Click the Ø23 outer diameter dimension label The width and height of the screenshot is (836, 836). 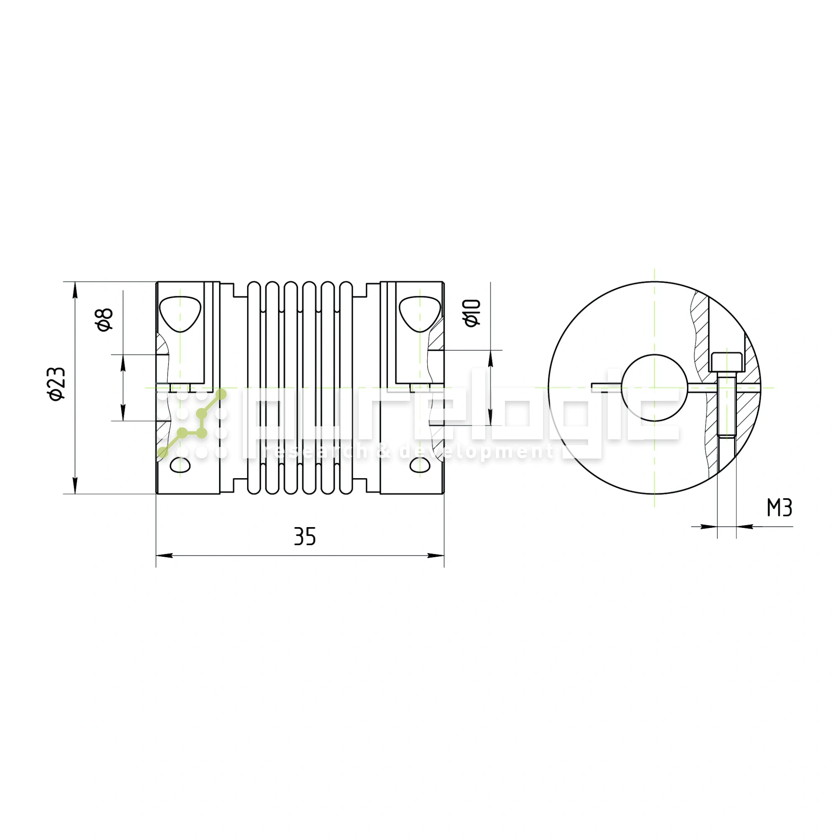point(58,384)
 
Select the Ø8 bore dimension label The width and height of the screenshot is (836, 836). point(105,320)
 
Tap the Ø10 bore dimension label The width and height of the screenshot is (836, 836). point(472,313)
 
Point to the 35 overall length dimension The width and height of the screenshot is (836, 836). point(305,537)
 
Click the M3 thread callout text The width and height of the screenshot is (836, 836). point(779,508)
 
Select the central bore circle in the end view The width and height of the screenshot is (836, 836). point(654,388)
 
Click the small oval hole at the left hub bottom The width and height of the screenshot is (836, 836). point(180,465)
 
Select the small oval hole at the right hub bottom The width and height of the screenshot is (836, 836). point(420,465)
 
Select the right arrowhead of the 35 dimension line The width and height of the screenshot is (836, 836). point(436,555)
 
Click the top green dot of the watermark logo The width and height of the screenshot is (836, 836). point(221,394)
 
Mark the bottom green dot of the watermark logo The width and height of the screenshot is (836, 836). point(163,453)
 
